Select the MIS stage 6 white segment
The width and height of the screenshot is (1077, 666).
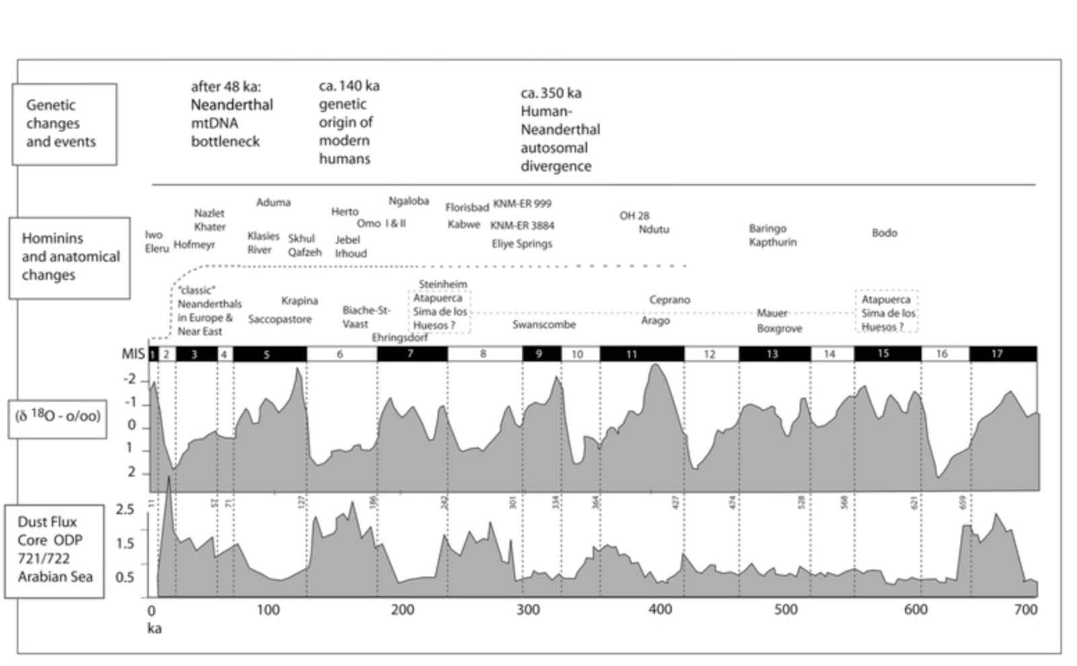tap(341, 354)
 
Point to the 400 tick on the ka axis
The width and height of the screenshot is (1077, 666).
tap(660, 609)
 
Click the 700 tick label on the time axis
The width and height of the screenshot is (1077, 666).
tap(1025, 609)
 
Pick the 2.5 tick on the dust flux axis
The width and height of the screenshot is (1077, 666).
tap(125, 509)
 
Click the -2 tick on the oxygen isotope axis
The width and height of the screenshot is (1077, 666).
tap(129, 380)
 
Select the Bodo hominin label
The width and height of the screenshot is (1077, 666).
tap(884, 233)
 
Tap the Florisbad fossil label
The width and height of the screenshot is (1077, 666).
tap(466, 207)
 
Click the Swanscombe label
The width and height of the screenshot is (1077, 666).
tap(544, 325)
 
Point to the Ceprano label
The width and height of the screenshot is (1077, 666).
tap(669, 300)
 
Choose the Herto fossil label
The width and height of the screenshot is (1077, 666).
tap(345, 212)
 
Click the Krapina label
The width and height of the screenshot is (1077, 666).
tap(300, 301)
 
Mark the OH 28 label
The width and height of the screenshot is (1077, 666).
tap(634, 216)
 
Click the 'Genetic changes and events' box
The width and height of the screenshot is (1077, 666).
tap(64, 124)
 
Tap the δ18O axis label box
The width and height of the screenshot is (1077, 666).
tap(57, 416)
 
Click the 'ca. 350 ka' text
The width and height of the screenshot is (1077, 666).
tap(551, 94)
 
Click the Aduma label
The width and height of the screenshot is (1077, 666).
tap(273, 202)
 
